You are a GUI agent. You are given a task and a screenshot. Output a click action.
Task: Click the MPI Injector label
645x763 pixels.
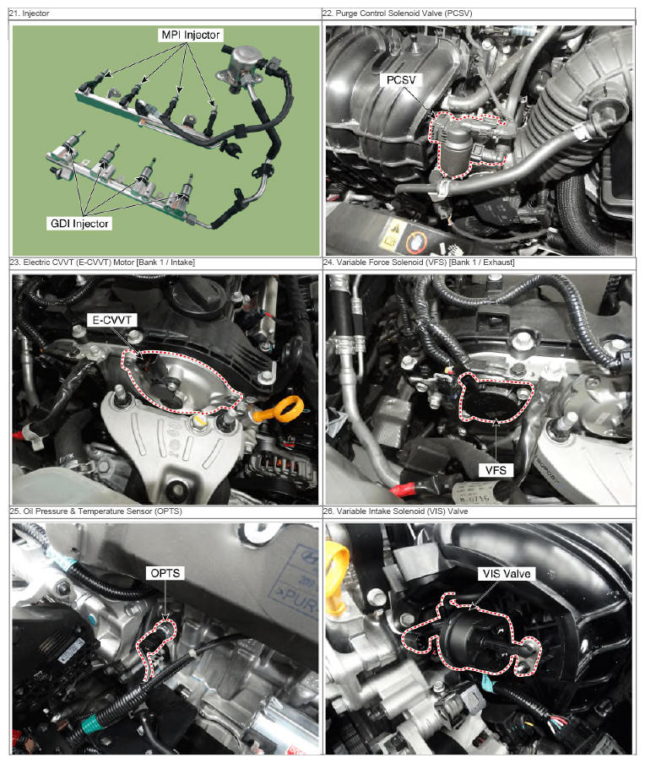pos(190,35)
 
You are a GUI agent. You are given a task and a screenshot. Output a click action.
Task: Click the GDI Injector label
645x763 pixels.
pos(79,224)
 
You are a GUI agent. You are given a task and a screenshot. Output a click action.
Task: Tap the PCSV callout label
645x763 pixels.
pos(401,80)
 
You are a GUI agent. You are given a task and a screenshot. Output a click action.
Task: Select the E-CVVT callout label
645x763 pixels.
pos(111,320)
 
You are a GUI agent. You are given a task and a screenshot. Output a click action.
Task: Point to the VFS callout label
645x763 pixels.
pos(496,470)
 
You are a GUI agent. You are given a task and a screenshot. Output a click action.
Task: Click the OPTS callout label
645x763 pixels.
pos(165,573)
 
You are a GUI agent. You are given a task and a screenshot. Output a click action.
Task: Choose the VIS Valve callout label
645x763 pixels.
pos(507,573)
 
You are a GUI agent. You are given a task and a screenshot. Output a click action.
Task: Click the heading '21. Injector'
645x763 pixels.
pos(30,14)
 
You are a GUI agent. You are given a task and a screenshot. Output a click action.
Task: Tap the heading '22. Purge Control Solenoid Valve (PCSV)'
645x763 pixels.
pos(398,14)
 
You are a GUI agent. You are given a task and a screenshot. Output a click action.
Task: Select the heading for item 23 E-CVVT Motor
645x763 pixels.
pos(102,262)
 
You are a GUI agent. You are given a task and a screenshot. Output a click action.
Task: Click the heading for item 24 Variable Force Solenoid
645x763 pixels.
pos(419,262)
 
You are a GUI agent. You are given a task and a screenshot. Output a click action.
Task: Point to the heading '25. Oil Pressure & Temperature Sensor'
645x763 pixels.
pos(96,511)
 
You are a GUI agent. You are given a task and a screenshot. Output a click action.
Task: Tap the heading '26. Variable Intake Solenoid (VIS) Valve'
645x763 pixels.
pos(395,511)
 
